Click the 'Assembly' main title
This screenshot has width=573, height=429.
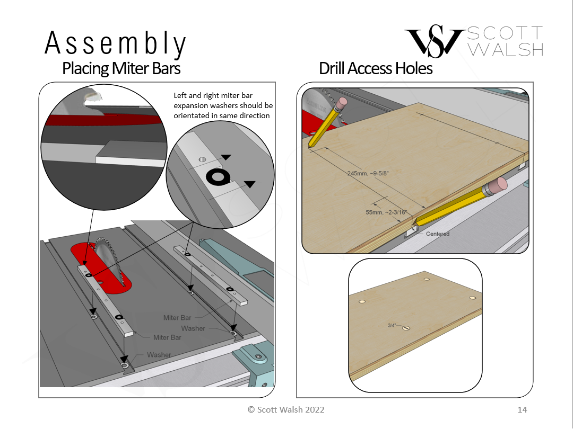click(116, 43)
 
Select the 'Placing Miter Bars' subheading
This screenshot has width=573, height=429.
click(121, 68)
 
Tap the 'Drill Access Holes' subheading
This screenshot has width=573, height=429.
click(376, 68)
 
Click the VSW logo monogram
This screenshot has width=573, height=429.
click(435, 41)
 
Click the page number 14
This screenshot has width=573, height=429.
click(522, 409)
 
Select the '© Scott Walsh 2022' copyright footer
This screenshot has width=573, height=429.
click(286, 409)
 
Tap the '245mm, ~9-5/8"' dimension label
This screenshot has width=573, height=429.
click(368, 173)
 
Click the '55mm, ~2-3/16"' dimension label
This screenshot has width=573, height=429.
click(386, 212)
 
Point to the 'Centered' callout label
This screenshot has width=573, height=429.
click(437, 234)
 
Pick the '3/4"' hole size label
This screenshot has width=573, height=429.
click(392, 325)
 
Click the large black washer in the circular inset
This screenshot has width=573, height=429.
click(218, 177)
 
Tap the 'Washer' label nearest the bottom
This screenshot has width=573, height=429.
click(159, 354)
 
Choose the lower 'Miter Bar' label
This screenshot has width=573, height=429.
click(167, 337)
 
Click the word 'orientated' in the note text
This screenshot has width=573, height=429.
click(190, 115)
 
